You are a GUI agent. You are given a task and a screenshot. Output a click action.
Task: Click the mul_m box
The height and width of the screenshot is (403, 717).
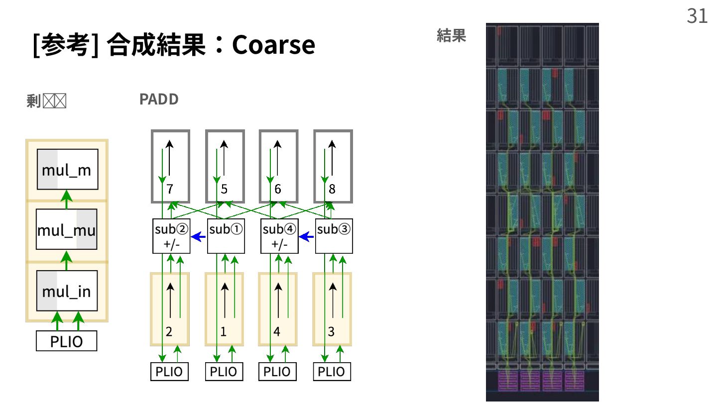[x=67, y=170]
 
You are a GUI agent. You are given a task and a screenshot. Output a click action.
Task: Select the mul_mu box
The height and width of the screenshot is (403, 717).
[x=67, y=231]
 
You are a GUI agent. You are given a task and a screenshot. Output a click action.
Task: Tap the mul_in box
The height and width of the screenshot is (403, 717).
[x=67, y=291]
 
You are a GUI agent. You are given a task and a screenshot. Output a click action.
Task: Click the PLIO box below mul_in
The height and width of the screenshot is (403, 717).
[x=66, y=342]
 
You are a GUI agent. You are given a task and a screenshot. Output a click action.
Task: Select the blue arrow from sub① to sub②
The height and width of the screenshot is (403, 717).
[x=199, y=237]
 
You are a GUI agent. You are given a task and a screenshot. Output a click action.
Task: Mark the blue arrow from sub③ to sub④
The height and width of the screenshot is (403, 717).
[x=307, y=237]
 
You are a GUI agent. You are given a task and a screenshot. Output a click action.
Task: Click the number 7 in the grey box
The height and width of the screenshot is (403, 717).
[x=170, y=189]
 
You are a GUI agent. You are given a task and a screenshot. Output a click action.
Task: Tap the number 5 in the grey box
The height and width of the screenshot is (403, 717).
[x=224, y=189]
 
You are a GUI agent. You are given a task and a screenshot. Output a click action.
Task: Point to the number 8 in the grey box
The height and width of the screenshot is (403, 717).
[x=332, y=189]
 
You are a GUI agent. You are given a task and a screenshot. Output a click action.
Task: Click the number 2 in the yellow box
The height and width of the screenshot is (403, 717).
[x=169, y=332]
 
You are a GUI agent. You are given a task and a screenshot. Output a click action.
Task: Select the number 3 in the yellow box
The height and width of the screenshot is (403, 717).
[x=331, y=332]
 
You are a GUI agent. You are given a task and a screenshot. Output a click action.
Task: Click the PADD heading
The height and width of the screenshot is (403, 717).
[x=159, y=100]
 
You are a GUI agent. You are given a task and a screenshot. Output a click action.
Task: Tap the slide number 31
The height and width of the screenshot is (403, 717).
[x=697, y=16]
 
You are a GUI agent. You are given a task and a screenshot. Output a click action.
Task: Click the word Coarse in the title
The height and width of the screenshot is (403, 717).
[x=273, y=45]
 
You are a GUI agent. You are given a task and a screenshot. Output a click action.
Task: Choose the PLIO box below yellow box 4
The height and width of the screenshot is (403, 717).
[x=277, y=372]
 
